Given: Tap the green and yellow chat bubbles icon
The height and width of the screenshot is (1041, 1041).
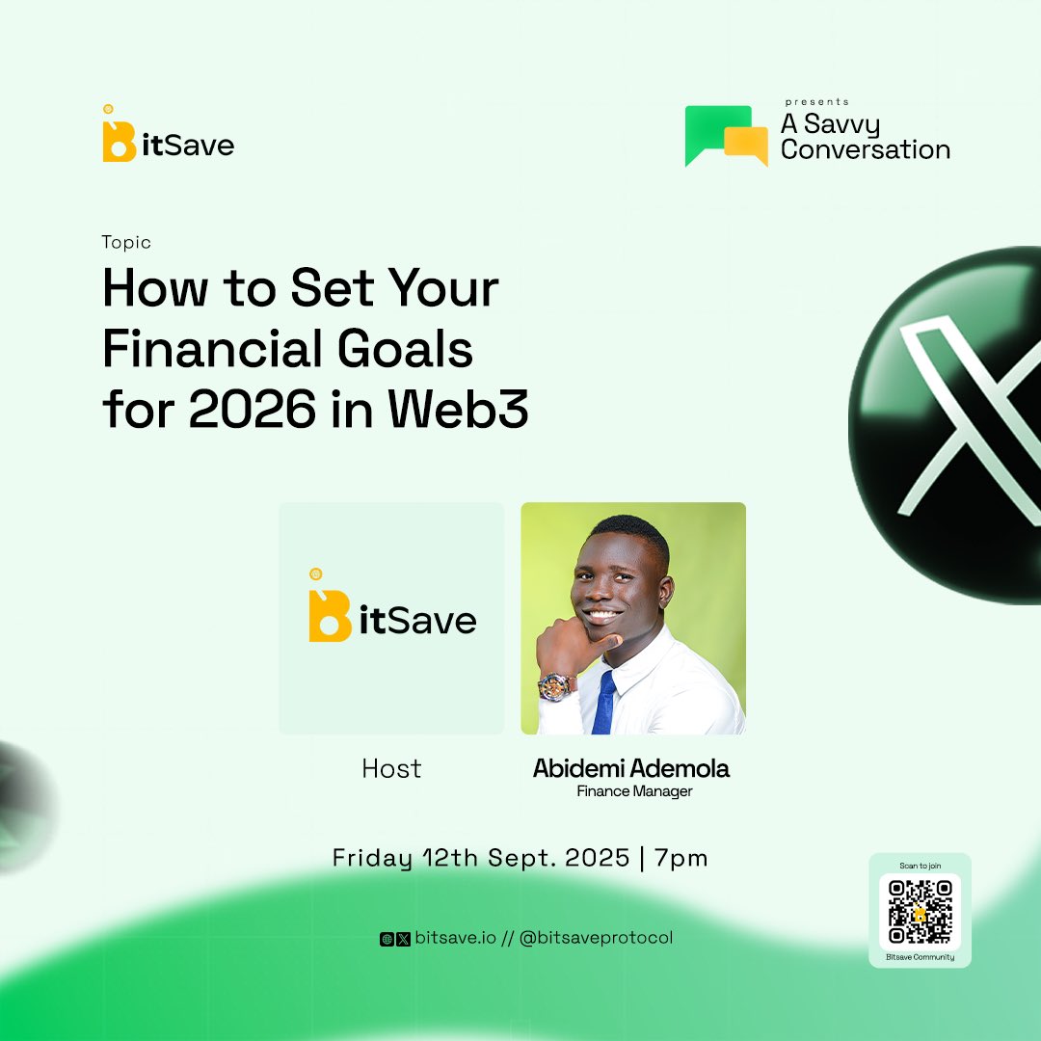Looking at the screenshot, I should (726, 136).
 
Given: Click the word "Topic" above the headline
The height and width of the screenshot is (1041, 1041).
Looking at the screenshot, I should (126, 243).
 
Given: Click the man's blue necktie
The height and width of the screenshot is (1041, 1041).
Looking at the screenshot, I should (604, 702).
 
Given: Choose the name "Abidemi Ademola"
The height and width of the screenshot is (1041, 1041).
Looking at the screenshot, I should (631, 769).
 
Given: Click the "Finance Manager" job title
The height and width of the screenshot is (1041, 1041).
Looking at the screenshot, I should (634, 792).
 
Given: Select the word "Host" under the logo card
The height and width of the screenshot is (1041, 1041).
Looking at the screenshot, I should (391, 769).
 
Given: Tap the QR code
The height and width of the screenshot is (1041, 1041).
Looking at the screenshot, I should (920, 911).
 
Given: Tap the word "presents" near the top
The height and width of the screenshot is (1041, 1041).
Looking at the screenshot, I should (816, 101).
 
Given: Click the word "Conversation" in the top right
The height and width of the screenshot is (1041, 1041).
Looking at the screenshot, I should (865, 149).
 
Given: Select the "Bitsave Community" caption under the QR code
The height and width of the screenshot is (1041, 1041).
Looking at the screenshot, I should (920, 957).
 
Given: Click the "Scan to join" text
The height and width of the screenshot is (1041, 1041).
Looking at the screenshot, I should (920, 865).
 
